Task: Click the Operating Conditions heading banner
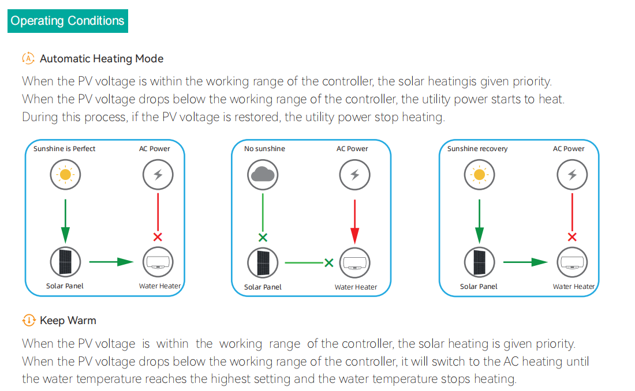(68, 21)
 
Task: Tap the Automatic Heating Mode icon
(28, 58)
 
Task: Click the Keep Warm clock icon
(28, 320)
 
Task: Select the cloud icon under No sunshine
(263, 174)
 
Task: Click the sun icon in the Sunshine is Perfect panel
(65, 174)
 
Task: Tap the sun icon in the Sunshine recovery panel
(479, 174)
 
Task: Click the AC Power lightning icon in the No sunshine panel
(354, 174)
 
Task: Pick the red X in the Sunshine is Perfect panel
(158, 237)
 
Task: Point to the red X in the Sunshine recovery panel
(572, 237)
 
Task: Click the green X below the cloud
(263, 237)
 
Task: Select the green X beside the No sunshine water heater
(329, 263)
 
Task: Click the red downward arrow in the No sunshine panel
(354, 222)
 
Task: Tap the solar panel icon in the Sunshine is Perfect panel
(65, 262)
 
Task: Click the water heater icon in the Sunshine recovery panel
(572, 262)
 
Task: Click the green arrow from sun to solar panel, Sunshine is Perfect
(65, 221)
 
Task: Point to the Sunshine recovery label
(477, 149)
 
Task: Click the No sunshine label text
(264, 149)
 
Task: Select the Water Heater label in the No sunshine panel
(356, 287)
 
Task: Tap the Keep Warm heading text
(68, 321)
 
